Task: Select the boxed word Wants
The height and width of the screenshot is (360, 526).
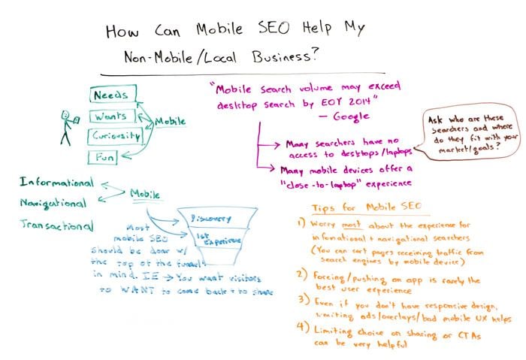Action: pos(110,116)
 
